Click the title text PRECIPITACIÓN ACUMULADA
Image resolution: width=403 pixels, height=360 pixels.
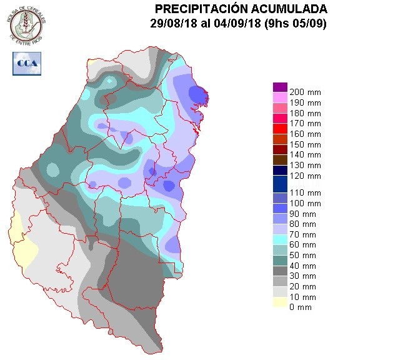tap(241, 9)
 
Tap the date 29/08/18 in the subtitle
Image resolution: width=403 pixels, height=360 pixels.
tap(171, 23)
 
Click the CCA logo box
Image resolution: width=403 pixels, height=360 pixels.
tap(27, 64)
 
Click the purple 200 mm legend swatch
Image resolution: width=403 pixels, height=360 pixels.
tap(279, 87)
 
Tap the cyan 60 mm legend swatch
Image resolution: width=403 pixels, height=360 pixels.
tap(279, 239)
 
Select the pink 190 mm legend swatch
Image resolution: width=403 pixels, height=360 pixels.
tap(279, 97)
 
